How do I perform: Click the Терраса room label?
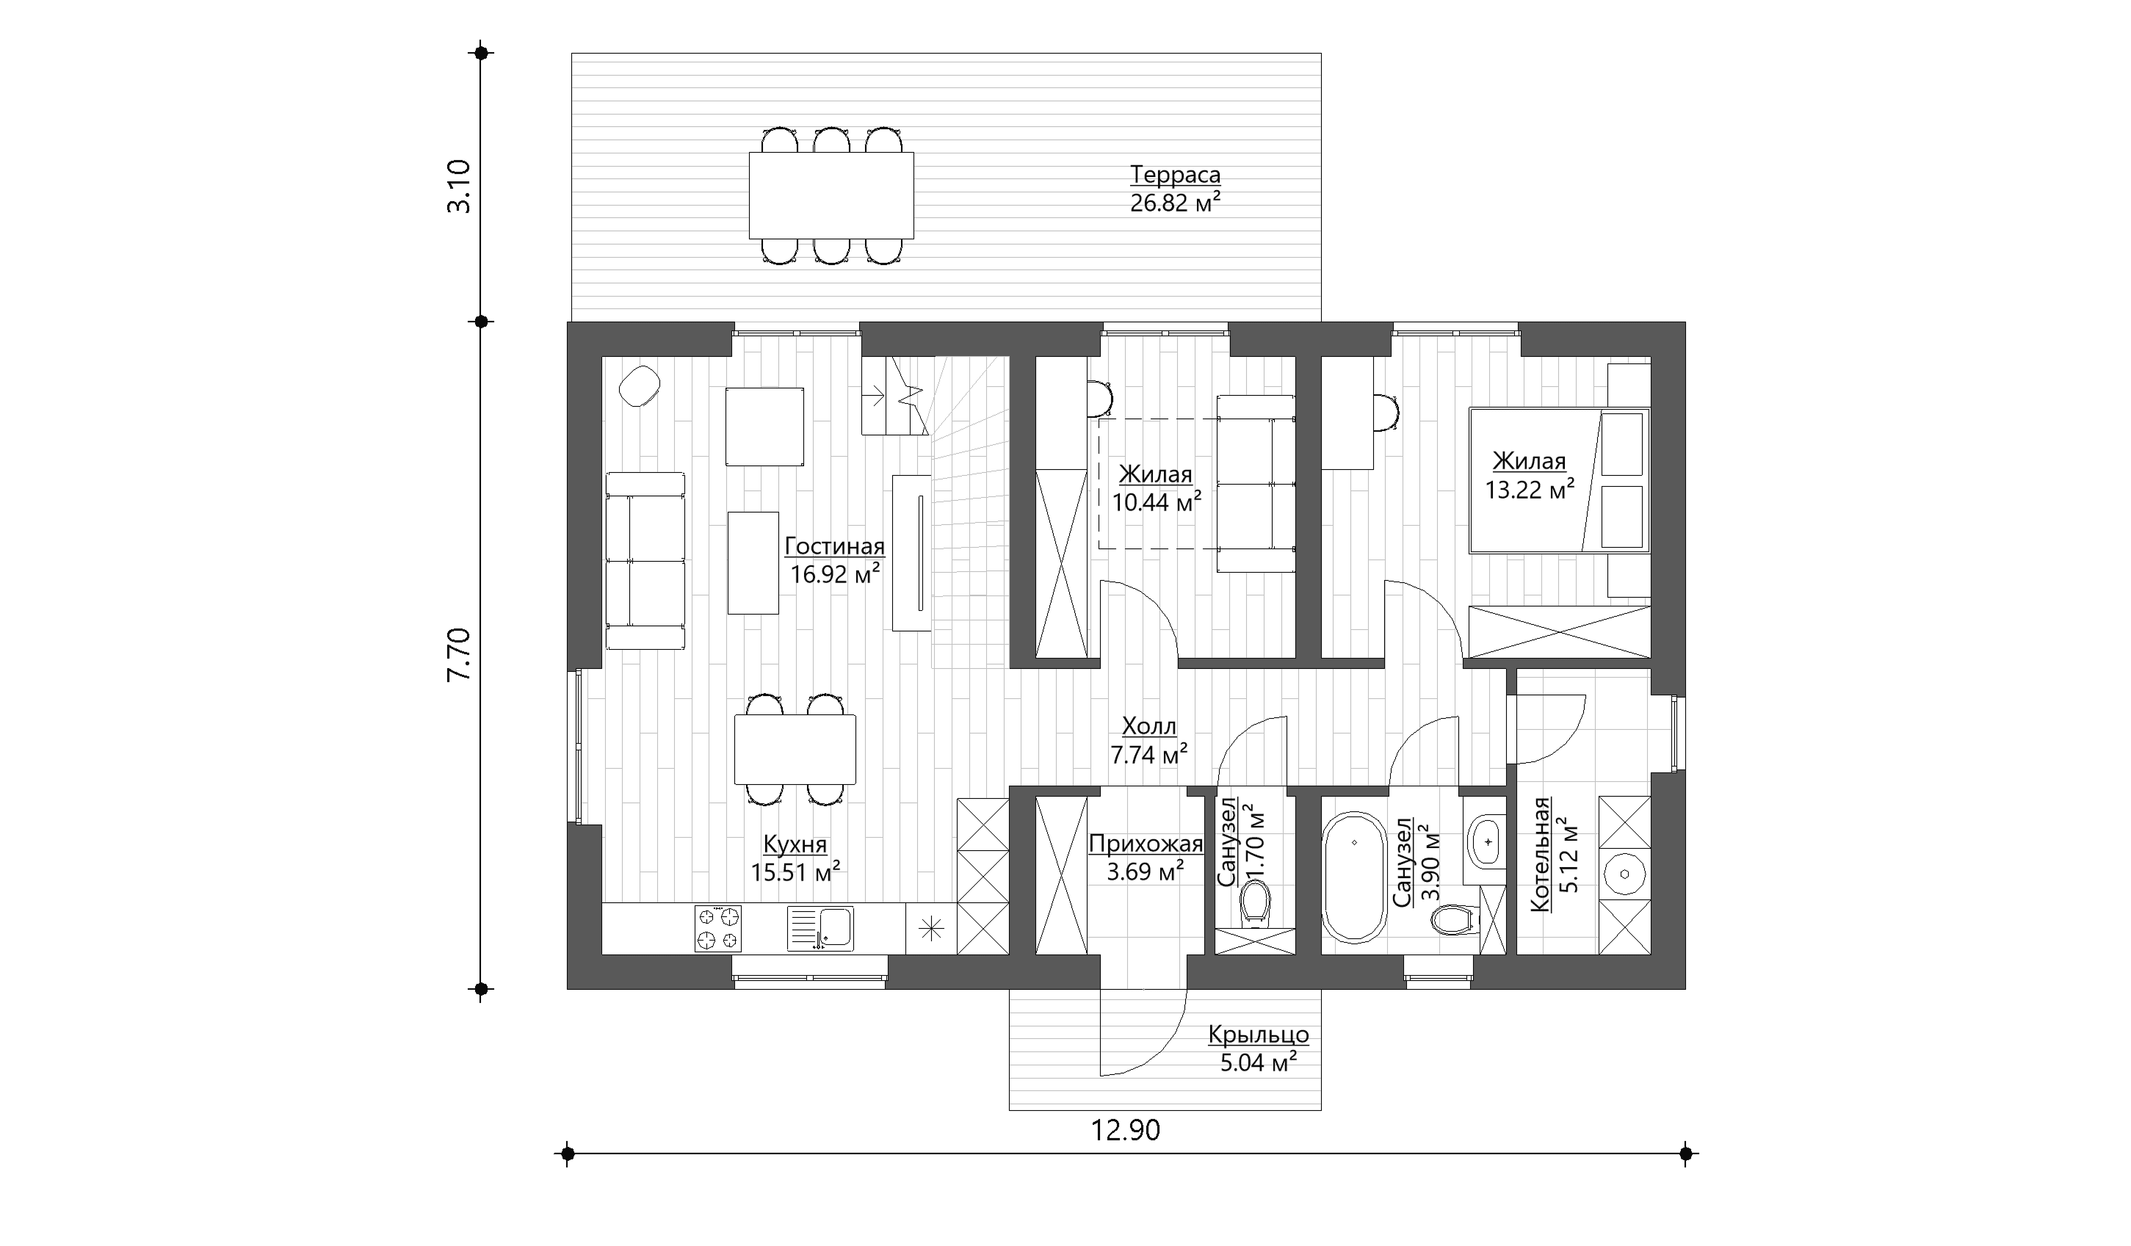1176,175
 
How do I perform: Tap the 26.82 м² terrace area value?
1176,203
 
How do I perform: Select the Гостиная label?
835,546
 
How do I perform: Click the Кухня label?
795,844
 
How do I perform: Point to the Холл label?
1148,726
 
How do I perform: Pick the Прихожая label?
1146,844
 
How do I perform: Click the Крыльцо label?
1259,1035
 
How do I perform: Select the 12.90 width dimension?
1126,1130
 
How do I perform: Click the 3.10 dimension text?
458,186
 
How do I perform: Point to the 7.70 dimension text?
458,654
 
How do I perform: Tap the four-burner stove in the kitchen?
718,928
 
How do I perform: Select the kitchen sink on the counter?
820,928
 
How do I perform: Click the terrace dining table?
831,195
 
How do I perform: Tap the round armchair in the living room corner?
640,386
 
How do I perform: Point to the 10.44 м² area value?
1157,502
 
